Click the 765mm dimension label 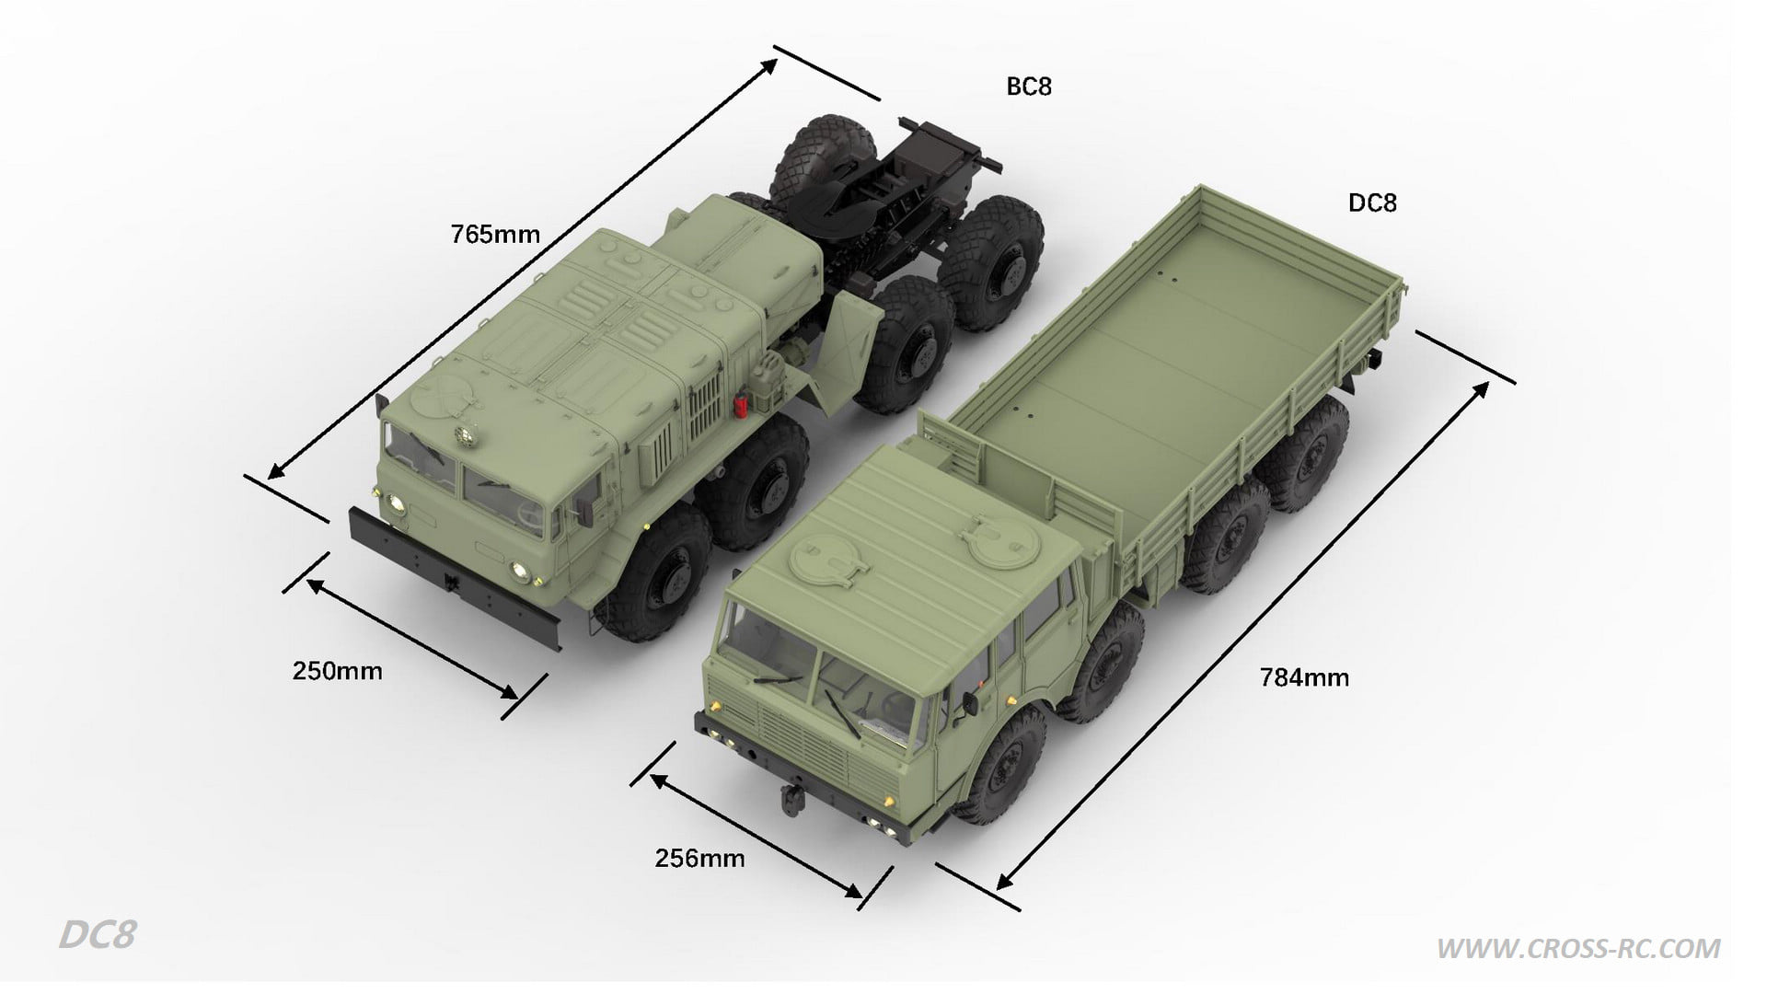[495, 235]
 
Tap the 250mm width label [337, 671]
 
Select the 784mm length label [1304, 678]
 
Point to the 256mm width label [699, 859]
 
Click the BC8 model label [1029, 87]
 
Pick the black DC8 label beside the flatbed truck [1372, 202]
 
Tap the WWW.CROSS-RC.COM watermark [1578, 949]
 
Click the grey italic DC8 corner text [98, 935]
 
